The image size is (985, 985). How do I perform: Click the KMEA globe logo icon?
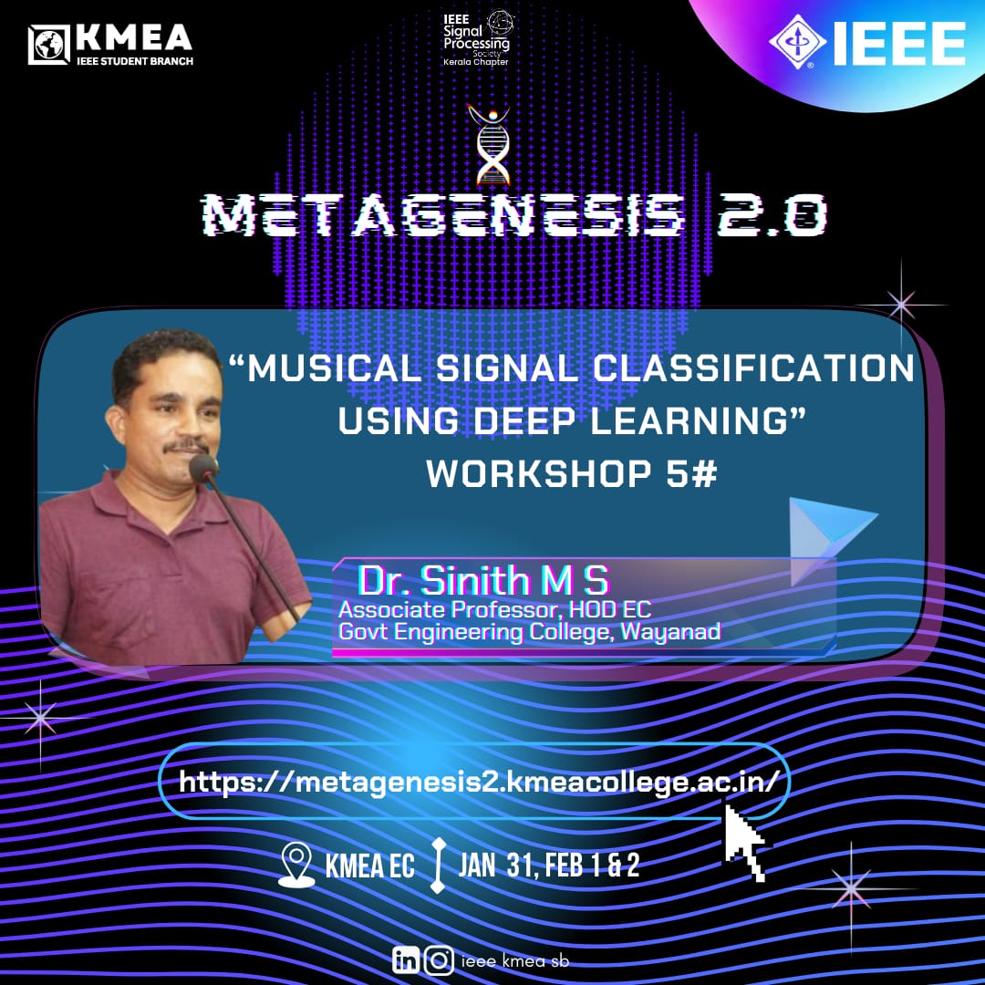click(x=48, y=44)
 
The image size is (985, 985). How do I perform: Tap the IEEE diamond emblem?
click(x=797, y=41)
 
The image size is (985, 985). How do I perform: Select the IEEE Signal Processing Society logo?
click(x=477, y=37)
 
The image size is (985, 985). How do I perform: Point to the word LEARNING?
click(x=689, y=420)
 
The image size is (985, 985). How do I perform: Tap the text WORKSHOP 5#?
click(x=572, y=473)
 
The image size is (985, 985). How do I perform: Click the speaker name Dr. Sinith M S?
click(x=483, y=579)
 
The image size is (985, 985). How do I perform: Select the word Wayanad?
click(x=670, y=631)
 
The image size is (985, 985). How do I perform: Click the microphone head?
click(x=202, y=468)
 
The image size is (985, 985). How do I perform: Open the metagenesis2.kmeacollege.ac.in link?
click(x=479, y=783)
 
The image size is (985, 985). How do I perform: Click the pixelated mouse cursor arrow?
click(x=744, y=842)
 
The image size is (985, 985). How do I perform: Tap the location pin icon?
click(x=296, y=865)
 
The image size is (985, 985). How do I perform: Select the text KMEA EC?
click(x=369, y=866)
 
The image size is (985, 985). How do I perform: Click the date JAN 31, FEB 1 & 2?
click(x=549, y=866)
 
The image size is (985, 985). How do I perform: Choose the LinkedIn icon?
click(x=406, y=959)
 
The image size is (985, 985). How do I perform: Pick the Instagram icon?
click(x=439, y=960)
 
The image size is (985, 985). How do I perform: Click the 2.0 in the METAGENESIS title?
click(x=772, y=214)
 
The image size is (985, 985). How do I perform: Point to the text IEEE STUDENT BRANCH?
click(x=135, y=61)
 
